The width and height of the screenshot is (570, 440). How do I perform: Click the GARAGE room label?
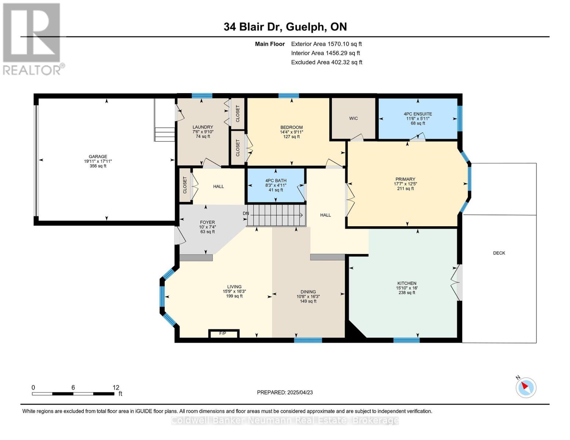pyautogui.click(x=98, y=157)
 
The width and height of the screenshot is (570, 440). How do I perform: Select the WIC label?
pyautogui.click(x=353, y=118)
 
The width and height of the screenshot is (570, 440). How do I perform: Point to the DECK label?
pyautogui.click(x=499, y=253)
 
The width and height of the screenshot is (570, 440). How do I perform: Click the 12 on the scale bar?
pyautogui.click(x=116, y=387)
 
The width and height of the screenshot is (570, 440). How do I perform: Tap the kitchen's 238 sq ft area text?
pyautogui.click(x=407, y=293)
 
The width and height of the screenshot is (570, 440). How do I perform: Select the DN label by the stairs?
pyautogui.click(x=246, y=213)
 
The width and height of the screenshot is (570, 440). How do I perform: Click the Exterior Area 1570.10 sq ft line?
pyautogui.click(x=326, y=44)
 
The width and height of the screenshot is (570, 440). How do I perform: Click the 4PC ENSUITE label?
pyautogui.click(x=418, y=114)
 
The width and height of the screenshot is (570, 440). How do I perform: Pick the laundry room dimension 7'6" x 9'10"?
pyautogui.click(x=203, y=132)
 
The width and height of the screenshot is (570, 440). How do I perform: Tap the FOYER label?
pyautogui.click(x=207, y=222)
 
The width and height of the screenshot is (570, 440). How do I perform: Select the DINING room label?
pyautogui.click(x=308, y=291)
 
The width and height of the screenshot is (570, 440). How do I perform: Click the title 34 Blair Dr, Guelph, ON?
pyautogui.click(x=285, y=27)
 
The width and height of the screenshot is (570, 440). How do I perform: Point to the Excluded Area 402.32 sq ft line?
pyautogui.click(x=327, y=62)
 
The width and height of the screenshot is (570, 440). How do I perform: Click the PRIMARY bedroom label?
pyautogui.click(x=405, y=179)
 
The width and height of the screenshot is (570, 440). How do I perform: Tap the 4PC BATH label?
pyautogui.click(x=276, y=180)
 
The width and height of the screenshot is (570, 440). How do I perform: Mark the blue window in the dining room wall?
pyautogui.click(x=308, y=340)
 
